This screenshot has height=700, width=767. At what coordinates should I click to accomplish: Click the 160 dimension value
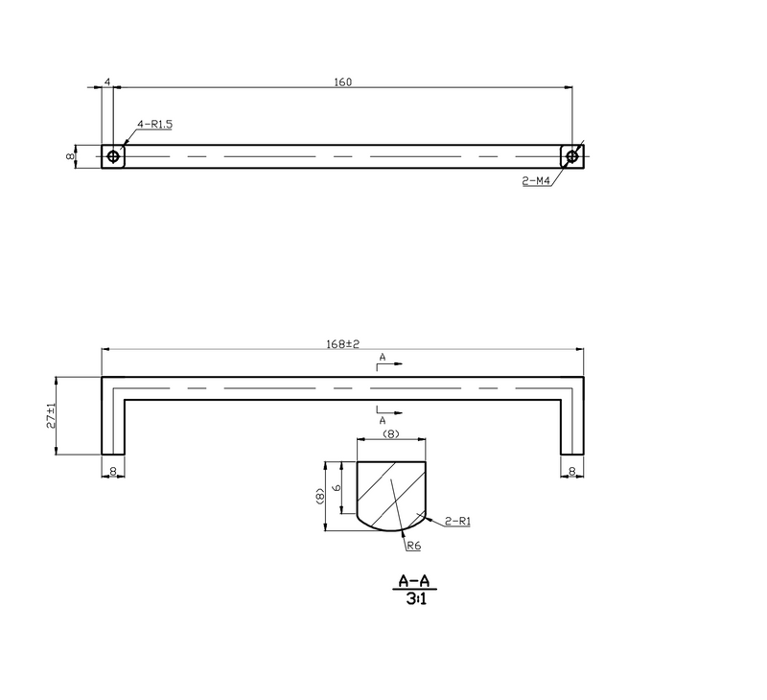343,82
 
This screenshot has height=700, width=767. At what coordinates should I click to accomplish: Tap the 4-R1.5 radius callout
154,125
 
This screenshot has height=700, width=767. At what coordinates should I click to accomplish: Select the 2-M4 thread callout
536,181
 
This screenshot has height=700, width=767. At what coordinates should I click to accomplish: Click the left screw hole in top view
113,156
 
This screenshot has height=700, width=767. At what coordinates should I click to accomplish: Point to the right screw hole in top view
571,156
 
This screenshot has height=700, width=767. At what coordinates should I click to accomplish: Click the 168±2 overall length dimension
342,344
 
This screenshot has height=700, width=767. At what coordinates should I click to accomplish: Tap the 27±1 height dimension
51,416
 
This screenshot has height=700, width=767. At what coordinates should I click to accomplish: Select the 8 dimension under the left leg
113,471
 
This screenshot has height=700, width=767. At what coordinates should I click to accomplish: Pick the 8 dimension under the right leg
572,471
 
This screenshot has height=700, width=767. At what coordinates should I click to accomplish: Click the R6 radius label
414,546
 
